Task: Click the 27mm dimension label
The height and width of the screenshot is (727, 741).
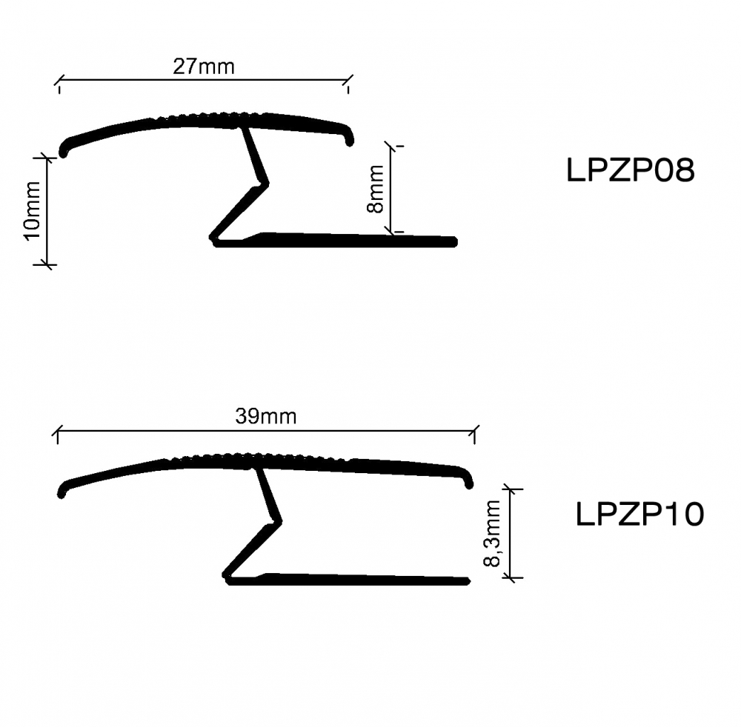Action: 203,67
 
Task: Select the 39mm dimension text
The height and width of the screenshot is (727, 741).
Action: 265,416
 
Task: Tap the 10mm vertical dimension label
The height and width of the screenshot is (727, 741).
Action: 33,210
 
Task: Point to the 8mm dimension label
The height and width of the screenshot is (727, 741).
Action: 376,189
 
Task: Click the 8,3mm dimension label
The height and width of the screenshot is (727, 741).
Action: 492,533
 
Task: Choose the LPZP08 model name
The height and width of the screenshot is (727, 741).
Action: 631,170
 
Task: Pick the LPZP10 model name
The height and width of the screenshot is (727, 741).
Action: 640,514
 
